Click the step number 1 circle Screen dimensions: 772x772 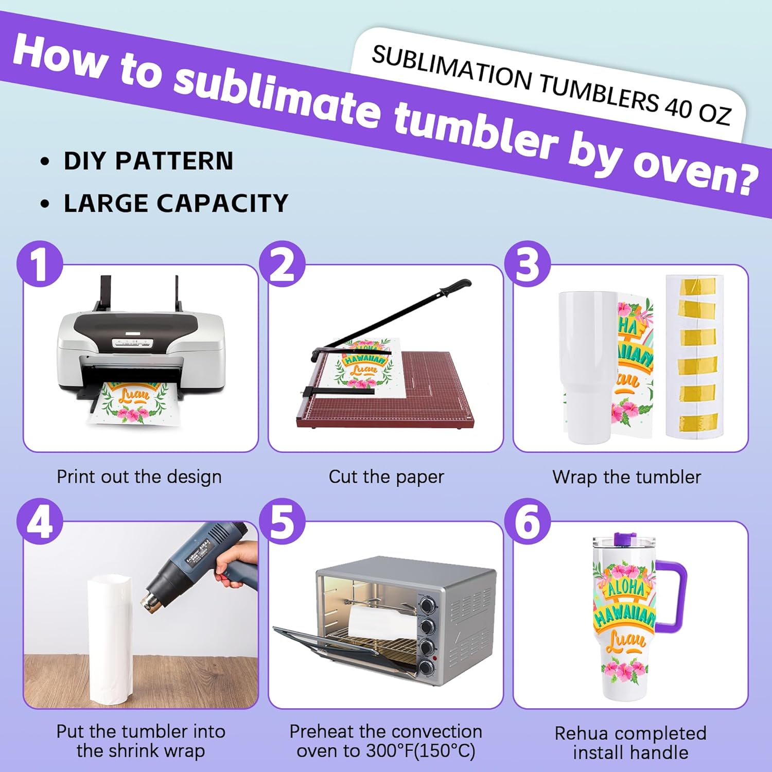(x=40, y=264)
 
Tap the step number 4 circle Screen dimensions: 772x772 (x=40, y=522)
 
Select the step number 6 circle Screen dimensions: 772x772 (x=528, y=522)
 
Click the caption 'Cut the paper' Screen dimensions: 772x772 (x=386, y=477)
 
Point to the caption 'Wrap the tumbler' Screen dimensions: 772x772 (x=626, y=477)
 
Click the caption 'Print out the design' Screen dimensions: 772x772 (x=139, y=477)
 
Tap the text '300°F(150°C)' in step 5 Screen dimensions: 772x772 (x=420, y=751)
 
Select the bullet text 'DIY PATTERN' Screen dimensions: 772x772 (x=148, y=161)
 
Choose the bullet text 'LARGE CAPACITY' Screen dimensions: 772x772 (x=176, y=203)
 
